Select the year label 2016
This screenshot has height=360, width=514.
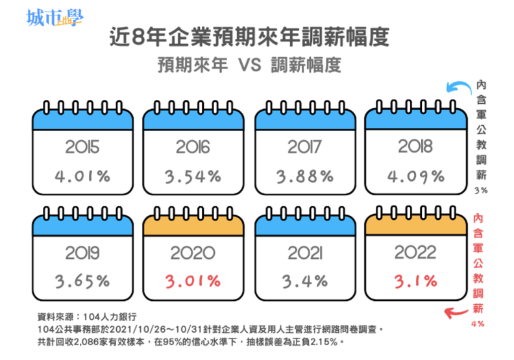click(x=193, y=147)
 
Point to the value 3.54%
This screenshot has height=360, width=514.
click(x=193, y=176)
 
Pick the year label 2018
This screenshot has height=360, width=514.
click(x=416, y=147)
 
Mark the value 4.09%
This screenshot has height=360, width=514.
click(x=416, y=176)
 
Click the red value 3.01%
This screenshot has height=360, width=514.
click(x=193, y=281)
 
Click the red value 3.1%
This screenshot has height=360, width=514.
click(x=416, y=281)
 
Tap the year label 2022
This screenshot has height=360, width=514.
click(x=416, y=252)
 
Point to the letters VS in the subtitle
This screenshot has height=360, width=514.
click(x=249, y=66)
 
